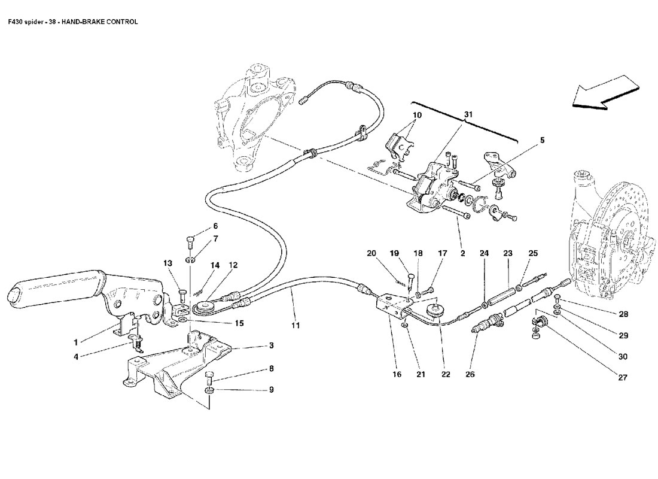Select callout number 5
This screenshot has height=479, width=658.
(x=542, y=141)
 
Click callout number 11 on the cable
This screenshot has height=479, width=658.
(x=296, y=326)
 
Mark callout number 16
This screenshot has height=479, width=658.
(x=396, y=375)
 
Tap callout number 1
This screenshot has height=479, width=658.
(x=76, y=342)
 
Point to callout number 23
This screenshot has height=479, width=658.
(x=508, y=253)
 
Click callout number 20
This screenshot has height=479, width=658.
(x=371, y=253)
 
